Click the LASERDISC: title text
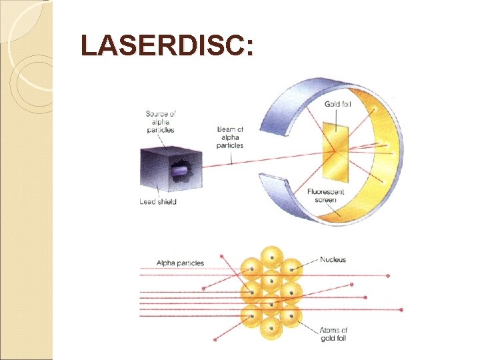tap(167, 47)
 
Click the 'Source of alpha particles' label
tap(160, 122)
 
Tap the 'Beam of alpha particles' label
tap(230, 137)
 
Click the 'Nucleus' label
tap(333, 259)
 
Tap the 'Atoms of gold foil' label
tap(333, 335)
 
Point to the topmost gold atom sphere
tap(271, 257)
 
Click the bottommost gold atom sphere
tap(271, 327)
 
